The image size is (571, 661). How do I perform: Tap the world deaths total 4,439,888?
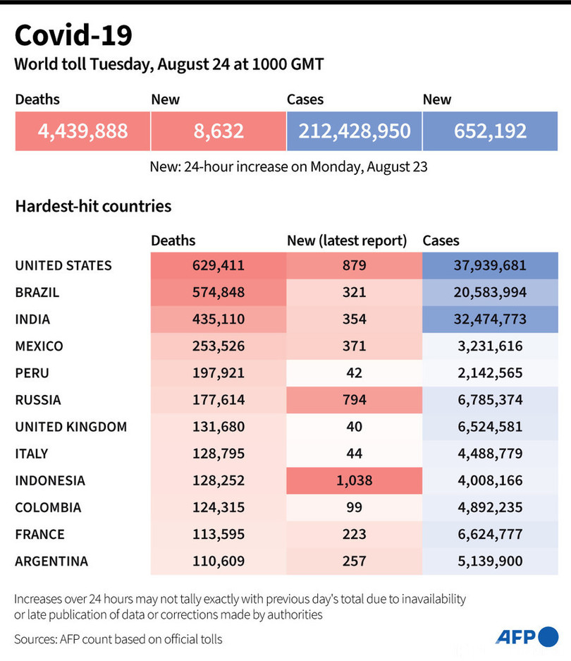(x=83, y=131)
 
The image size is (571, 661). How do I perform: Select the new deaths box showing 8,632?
(x=219, y=131)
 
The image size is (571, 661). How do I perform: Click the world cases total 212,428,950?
(x=354, y=131)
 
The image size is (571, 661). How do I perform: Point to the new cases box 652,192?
(x=491, y=131)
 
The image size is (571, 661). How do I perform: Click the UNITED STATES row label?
(x=63, y=266)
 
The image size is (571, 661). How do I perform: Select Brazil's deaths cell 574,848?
(x=219, y=293)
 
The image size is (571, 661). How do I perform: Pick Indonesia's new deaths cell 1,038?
(x=354, y=480)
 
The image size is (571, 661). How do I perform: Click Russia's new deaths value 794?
(x=354, y=400)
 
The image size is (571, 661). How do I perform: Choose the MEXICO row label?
(x=39, y=346)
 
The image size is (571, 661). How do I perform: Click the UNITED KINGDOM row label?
(x=71, y=427)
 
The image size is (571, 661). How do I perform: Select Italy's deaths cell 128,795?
(x=219, y=454)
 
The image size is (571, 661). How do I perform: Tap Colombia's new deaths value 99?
(x=354, y=507)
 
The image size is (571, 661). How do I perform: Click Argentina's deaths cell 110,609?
(x=219, y=561)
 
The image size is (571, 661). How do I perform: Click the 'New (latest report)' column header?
(x=347, y=241)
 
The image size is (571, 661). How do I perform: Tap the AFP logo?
(x=526, y=636)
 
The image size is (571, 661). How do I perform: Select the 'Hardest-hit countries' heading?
(x=93, y=207)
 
